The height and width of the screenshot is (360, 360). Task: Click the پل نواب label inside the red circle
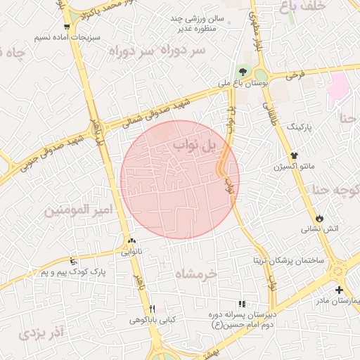(198, 146)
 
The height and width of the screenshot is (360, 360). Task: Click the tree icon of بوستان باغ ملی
(243, 72)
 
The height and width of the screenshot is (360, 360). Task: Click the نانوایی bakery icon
(132, 241)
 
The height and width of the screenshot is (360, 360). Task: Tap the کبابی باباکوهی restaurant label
(152, 320)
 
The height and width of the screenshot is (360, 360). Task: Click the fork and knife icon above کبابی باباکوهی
(152, 309)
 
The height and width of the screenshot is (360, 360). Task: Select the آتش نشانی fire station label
(321, 229)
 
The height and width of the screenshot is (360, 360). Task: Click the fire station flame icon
(321, 217)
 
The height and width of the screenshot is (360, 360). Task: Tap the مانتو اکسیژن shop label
(295, 167)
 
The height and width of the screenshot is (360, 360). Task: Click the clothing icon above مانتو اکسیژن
(295, 156)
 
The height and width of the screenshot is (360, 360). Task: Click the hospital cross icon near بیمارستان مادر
(340, 290)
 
